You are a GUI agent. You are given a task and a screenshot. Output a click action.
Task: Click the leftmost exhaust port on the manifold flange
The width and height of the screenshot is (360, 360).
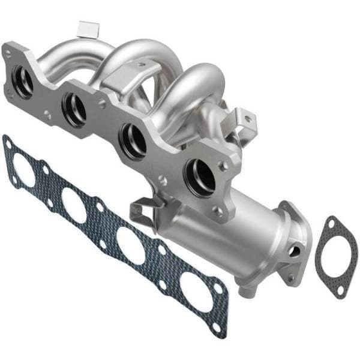23,81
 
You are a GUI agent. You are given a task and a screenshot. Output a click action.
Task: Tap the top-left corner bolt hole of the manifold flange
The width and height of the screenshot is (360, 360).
8,53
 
